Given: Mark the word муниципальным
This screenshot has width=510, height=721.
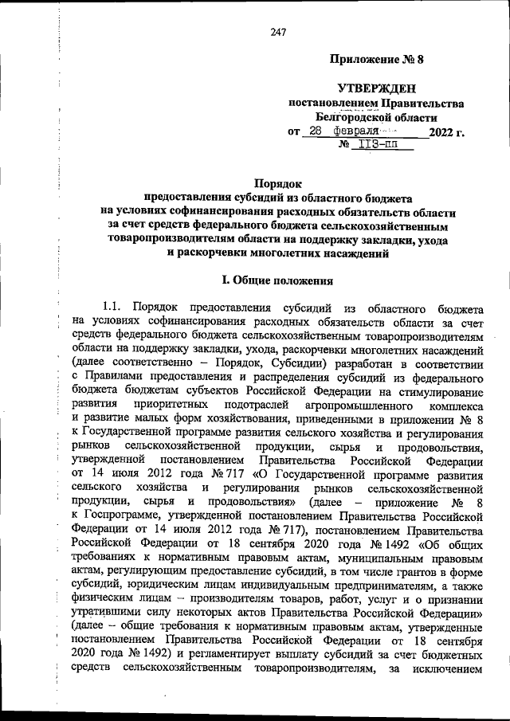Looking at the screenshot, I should point(375,562).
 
